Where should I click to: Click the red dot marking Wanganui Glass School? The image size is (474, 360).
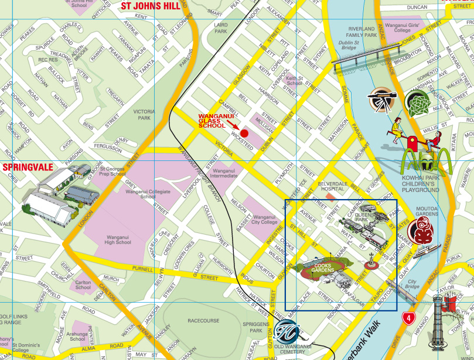[x=244, y=133]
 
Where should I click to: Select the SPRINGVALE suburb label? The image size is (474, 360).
[x=28, y=167]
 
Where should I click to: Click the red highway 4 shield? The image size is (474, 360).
[x=408, y=318]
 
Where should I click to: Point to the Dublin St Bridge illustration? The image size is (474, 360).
[x=355, y=61]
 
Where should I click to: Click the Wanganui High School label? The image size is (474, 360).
[x=118, y=239]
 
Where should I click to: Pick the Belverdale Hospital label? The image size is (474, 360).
[x=333, y=187]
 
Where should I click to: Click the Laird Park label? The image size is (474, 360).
[x=221, y=28]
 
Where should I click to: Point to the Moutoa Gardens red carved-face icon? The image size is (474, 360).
[x=426, y=230]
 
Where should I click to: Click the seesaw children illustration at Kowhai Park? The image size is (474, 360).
[x=417, y=136]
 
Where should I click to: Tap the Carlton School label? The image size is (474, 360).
[x=83, y=284]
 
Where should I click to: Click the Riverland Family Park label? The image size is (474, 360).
[x=362, y=32]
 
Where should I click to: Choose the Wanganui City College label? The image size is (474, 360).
[x=264, y=220]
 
